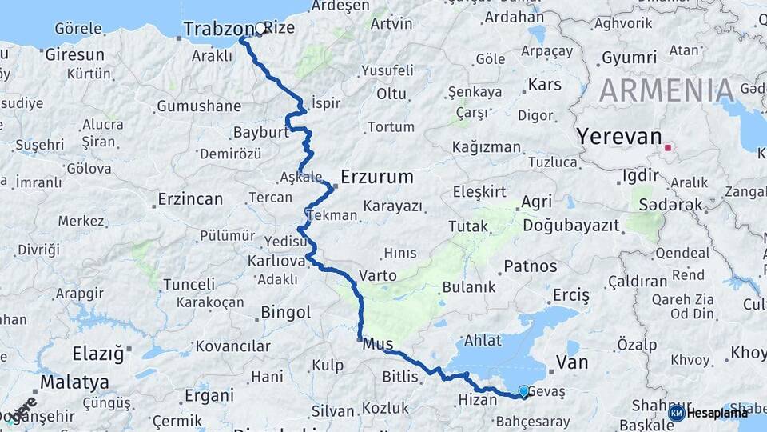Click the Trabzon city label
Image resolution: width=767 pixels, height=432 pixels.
pos(212,30)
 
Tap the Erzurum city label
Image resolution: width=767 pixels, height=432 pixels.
pos(376,176)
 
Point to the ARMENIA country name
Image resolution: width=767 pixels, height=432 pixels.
pos(666,90)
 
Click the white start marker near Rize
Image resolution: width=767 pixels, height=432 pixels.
pos(260,29)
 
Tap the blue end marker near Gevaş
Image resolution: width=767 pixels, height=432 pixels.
pos(523,390)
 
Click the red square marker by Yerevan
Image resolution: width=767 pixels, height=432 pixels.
pos(668,147)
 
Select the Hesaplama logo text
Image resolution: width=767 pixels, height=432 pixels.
pos(717,413)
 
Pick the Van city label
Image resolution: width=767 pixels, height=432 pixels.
pos(571,362)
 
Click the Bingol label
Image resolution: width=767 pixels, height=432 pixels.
pos(285,312)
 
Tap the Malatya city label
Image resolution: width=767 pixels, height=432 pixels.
pos(74,382)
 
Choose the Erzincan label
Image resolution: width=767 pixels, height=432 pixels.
pos(190,199)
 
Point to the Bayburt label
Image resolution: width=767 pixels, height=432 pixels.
pos(260,132)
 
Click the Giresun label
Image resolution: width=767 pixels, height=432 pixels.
pos(74,55)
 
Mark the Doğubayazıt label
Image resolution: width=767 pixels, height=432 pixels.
pos(571,226)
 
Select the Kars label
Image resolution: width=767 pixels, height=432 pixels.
pos(545,84)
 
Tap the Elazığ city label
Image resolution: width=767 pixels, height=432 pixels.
pos(99,353)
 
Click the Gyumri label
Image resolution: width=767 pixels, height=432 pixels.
pos(629,58)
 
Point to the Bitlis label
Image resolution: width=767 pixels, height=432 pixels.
pos(400,376)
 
